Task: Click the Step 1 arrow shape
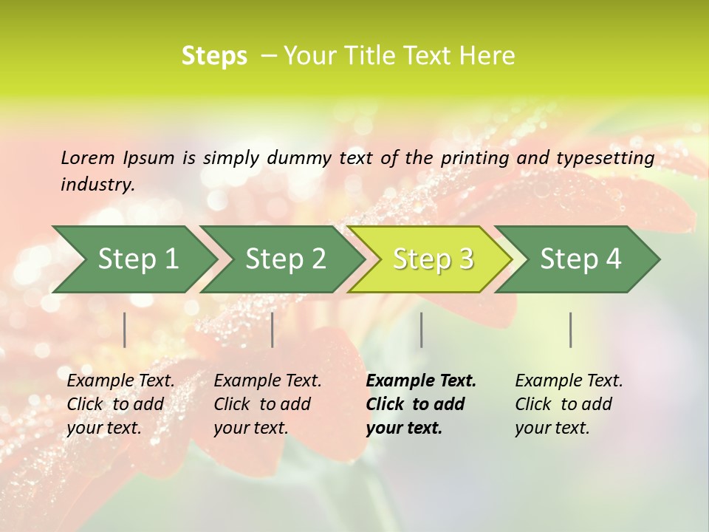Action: [137, 259]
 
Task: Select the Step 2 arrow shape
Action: [285, 259]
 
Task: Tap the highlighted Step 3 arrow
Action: [433, 259]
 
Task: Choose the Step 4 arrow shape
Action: [580, 259]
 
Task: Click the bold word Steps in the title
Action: [214, 56]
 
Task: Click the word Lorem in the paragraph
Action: [87, 157]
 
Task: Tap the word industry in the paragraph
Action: [97, 185]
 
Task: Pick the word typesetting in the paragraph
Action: [604, 157]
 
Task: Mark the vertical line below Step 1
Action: [125, 330]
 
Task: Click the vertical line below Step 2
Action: [273, 330]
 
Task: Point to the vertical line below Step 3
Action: [421, 330]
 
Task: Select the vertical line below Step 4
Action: [571, 330]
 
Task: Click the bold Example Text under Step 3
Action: [421, 381]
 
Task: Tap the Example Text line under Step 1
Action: [120, 381]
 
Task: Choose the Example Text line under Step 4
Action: [569, 381]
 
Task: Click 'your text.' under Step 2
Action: [250, 428]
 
